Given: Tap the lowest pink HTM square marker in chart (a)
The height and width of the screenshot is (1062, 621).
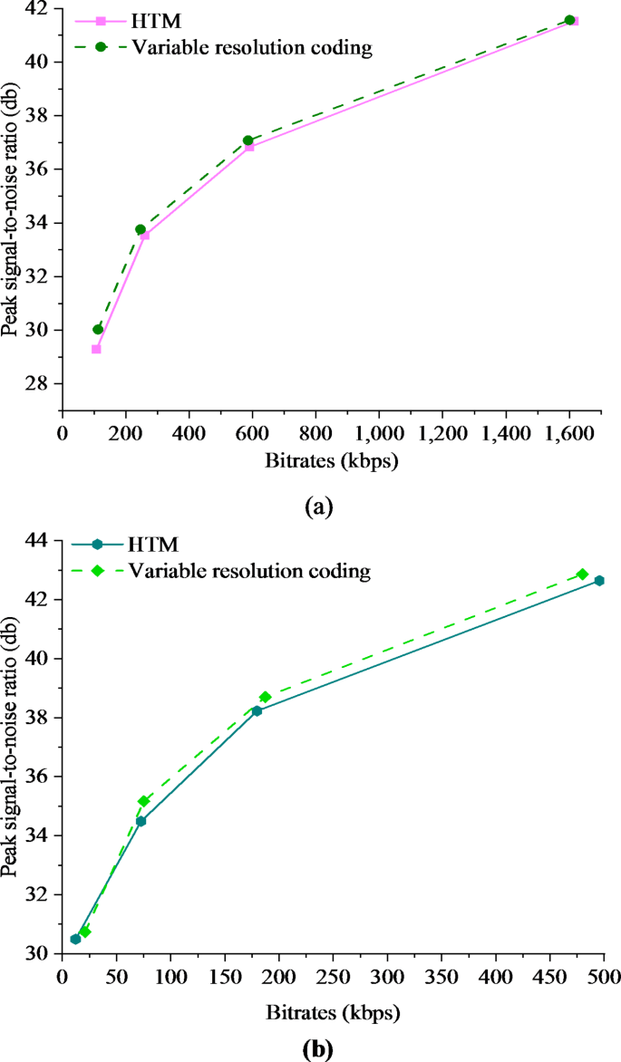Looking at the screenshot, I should [97, 349].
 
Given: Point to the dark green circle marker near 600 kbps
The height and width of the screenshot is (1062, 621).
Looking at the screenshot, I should [248, 140].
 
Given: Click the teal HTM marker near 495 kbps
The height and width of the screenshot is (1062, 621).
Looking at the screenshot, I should [599, 580].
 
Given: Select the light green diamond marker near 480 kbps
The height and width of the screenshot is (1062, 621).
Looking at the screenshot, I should [583, 574].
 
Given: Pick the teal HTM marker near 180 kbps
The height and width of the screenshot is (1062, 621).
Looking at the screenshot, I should [257, 710].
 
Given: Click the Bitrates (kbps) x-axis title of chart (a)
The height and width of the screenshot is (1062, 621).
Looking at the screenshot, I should [333, 460].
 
